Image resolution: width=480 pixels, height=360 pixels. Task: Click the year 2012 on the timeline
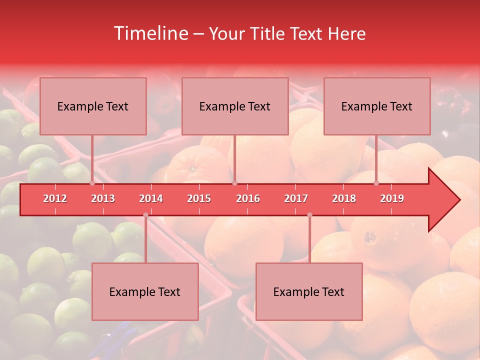(55, 198)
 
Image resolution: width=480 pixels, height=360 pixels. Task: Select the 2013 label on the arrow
(103, 198)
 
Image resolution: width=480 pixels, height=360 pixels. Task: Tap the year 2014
(151, 198)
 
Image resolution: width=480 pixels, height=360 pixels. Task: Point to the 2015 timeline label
(199, 198)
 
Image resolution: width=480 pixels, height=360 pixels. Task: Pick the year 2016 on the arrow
(248, 198)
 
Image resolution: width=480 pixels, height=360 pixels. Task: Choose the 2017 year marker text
(296, 198)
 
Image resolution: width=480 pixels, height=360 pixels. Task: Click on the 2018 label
(344, 198)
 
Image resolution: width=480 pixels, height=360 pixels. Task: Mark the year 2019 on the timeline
(392, 198)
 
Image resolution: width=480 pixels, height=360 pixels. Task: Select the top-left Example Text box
(93, 106)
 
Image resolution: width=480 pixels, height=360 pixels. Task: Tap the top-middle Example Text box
(235, 106)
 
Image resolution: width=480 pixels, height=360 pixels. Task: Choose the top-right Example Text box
(377, 106)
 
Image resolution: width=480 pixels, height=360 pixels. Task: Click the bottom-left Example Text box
(145, 291)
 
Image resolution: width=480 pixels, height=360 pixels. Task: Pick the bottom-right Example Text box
(309, 291)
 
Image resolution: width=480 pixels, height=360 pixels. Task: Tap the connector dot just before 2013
(92, 183)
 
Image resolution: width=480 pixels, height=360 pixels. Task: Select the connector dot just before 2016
(234, 183)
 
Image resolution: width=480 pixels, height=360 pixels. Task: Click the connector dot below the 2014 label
(145, 215)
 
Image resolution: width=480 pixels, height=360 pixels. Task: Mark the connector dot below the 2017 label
(309, 215)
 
